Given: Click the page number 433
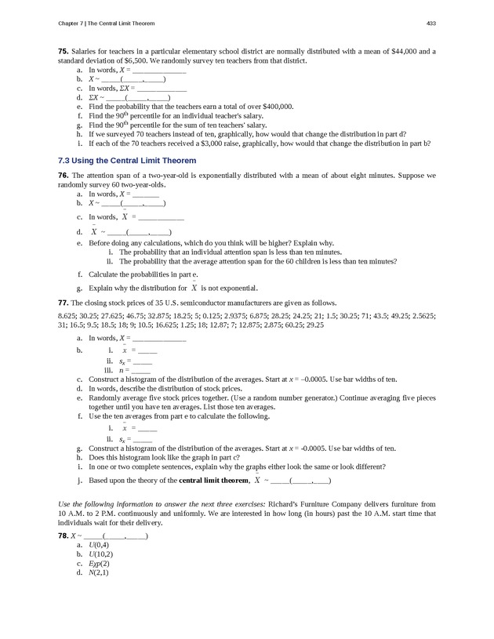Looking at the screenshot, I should (430, 20).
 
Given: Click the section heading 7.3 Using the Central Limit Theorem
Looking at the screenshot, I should (127, 160).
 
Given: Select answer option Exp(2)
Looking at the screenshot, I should (99, 563).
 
